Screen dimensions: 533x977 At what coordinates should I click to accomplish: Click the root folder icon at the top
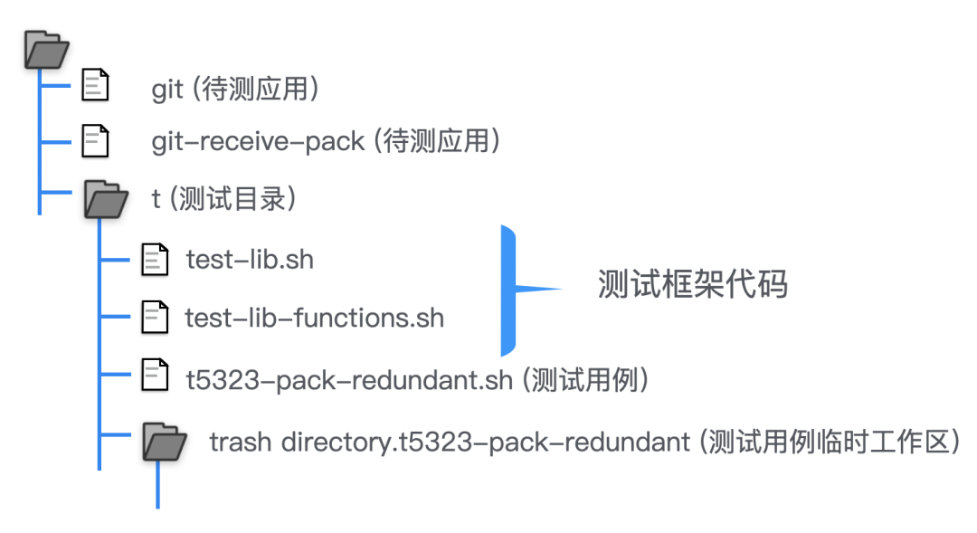[45, 50]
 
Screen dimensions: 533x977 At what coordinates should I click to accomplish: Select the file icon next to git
[95, 85]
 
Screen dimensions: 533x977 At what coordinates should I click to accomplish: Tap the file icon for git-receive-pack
[95, 140]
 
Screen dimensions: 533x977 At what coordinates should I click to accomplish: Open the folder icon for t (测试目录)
[106, 197]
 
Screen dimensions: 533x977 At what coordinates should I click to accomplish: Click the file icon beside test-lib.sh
[155, 259]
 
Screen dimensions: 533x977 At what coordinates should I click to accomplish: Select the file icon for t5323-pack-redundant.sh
[155, 375]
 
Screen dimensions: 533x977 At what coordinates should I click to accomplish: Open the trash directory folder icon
[164, 442]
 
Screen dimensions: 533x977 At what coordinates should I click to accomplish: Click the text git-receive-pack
[258, 141]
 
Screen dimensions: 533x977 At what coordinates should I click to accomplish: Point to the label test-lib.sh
[250, 260]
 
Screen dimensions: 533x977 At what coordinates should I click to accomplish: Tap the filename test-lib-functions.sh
[314, 318]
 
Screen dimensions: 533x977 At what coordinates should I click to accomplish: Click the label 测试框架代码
[692, 284]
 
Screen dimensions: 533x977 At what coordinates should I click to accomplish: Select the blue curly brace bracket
[512, 290]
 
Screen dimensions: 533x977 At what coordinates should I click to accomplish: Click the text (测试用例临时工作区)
[830, 443]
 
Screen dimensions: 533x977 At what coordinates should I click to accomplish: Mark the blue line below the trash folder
[157, 484]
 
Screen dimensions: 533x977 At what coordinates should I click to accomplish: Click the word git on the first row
[167, 90]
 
